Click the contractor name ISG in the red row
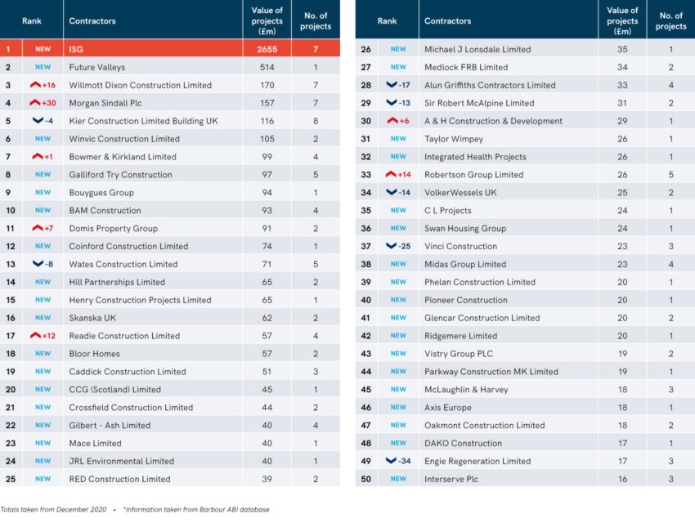click(76, 49)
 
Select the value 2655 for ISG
click(267, 49)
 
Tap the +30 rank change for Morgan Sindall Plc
click(43, 103)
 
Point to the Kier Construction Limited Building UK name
click(143, 121)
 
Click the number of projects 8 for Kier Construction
click(315, 121)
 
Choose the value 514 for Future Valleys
click(267, 67)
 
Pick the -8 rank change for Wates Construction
click(43, 264)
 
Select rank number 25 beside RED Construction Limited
click(8, 479)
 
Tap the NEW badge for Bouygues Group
click(43, 193)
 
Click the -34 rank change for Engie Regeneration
click(398, 461)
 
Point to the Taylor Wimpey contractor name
click(453, 139)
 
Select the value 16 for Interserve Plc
click(622, 479)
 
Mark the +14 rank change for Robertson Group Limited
click(398, 175)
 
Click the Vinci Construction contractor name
click(460, 246)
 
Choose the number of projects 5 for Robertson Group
click(670, 175)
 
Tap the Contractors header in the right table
click(447, 20)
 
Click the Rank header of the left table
click(31, 20)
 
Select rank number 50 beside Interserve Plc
click(365, 479)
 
